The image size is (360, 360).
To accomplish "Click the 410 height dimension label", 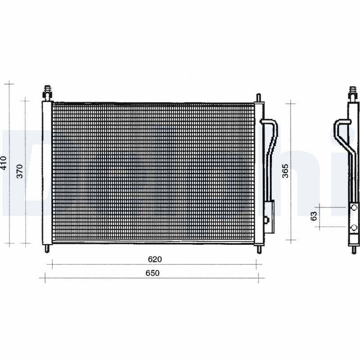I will click(4, 163).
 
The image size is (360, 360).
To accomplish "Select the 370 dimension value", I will click(20, 171).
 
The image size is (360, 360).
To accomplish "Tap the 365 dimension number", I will click(285, 171).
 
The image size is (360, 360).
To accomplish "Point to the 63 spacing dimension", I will click(315, 216).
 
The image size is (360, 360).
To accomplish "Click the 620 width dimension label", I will click(154, 259).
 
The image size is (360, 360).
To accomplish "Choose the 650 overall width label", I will click(153, 273).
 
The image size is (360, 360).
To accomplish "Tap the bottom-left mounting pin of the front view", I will click(47, 248).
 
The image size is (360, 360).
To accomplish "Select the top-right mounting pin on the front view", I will click(258, 98).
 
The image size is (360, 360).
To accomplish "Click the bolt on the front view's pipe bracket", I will click(266, 220).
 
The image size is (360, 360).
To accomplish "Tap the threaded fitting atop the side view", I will click(353, 93).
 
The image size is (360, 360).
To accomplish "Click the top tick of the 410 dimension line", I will click(9, 84).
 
